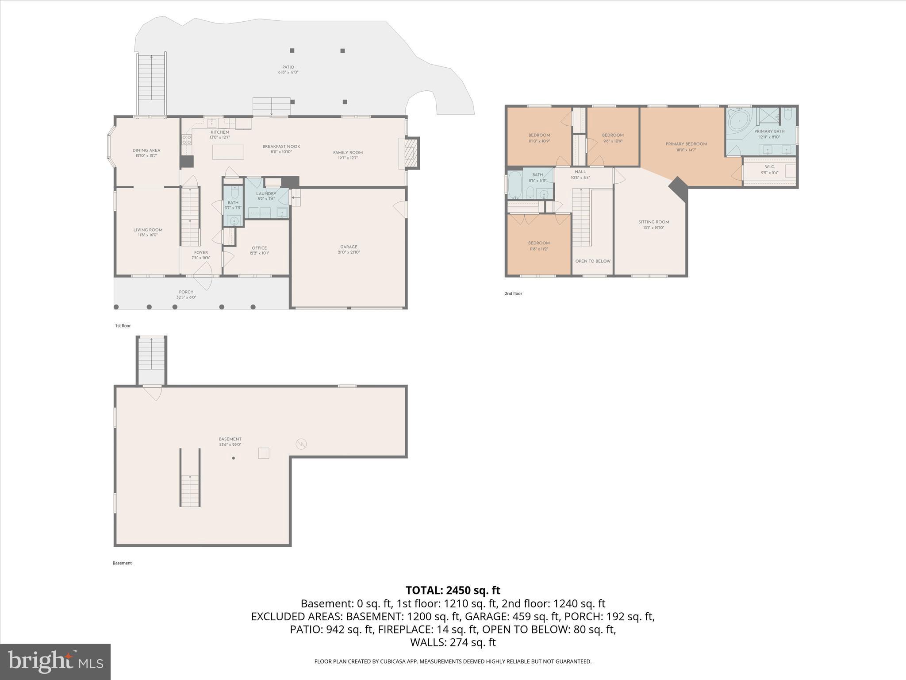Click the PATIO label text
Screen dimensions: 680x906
[288, 67]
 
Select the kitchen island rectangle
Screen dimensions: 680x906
[228, 152]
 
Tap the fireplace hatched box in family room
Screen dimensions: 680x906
[411, 153]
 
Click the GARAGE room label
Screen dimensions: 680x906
[349, 247]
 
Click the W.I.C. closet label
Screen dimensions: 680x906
[769, 166]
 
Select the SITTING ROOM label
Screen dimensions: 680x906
[653, 222]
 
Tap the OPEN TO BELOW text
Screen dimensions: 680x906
[593, 261]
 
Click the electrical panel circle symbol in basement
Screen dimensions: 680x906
[301, 444]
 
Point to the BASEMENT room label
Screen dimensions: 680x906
[230, 439]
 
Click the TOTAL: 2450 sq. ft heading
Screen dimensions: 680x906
[453, 590]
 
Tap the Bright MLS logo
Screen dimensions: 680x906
[55, 661]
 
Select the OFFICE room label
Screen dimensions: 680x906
[259, 248]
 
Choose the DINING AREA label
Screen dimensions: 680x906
[146, 151]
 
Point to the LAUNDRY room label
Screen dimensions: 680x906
[266, 193]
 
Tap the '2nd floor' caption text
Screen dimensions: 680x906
[513, 294]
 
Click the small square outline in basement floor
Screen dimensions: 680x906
[264, 453]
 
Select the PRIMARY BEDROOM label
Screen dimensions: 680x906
[686, 144]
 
